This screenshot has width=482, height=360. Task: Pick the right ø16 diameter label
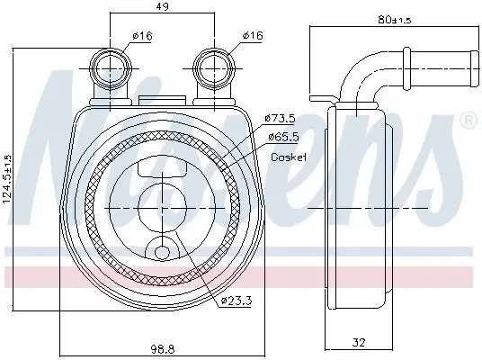point(252,37)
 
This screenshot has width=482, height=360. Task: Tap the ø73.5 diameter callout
point(281,118)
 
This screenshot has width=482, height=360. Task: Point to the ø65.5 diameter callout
point(281,136)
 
